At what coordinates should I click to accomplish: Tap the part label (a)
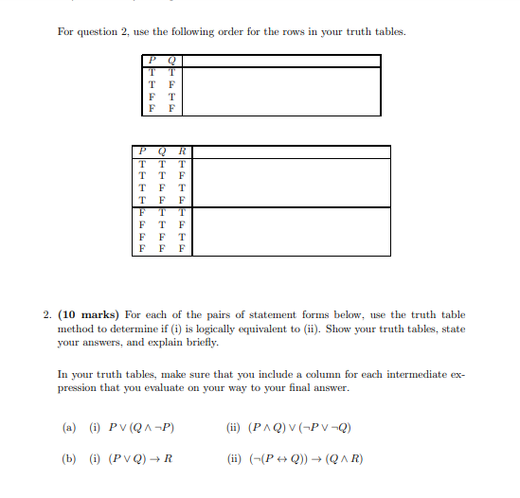coord(68,427)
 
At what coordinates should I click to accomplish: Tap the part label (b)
coord(68,459)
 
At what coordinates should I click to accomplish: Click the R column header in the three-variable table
coord(181,151)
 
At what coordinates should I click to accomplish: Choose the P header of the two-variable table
coord(152,61)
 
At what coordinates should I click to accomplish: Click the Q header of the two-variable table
coord(171,61)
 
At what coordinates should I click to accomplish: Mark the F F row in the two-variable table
coord(162,109)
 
